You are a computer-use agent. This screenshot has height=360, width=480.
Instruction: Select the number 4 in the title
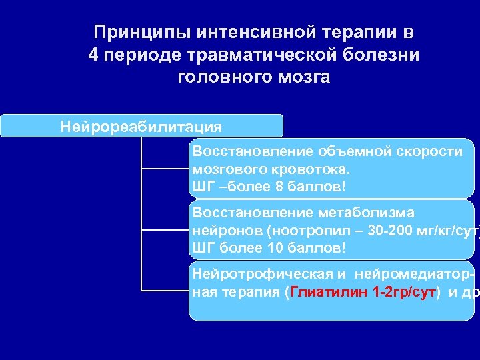coord(93,55)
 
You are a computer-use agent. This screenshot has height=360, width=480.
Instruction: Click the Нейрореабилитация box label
coord(141,126)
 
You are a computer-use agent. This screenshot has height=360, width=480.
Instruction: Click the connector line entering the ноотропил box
coord(165,230)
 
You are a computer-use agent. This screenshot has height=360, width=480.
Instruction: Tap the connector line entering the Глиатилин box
coord(165,291)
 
